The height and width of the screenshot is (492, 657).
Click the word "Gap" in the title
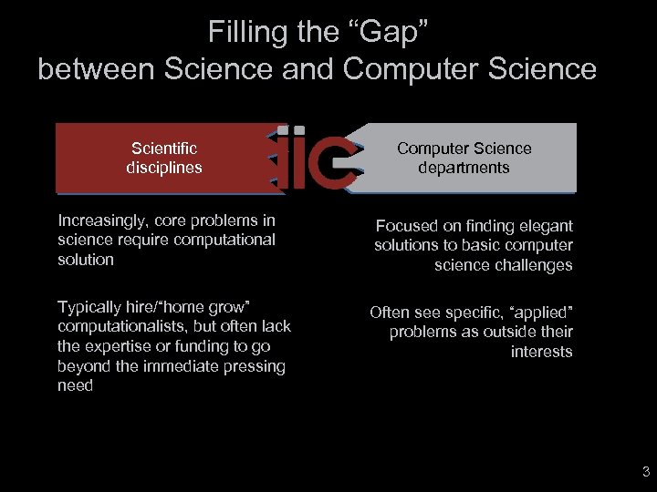(x=387, y=33)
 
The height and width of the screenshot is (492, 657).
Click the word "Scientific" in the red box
(x=164, y=149)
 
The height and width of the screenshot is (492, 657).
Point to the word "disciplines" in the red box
(x=164, y=168)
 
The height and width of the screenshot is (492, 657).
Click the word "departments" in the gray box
(x=464, y=168)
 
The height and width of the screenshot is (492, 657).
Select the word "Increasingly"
(x=104, y=220)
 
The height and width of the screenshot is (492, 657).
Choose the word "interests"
(x=542, y=352)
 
